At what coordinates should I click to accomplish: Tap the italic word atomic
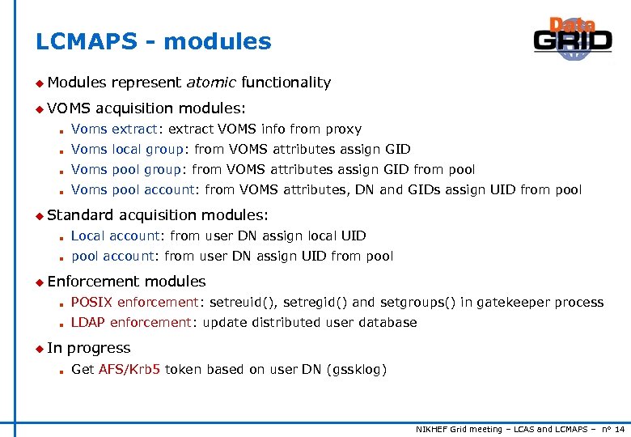tap(211, 82)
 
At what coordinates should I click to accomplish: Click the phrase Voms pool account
tap(133, 190)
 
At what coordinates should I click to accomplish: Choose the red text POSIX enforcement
tap(134, 302)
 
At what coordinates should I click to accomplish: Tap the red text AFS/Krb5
tap(129, 370)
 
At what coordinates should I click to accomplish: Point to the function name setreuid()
tap(240, 302)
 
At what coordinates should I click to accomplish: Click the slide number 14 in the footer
tap(620, 428)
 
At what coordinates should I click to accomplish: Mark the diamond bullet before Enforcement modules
tap(39, 282)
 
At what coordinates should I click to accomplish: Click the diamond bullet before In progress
tap(39, 348)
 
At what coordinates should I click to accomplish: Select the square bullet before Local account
tap(61, 237)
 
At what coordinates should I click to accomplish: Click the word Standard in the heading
tap(81, 214)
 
